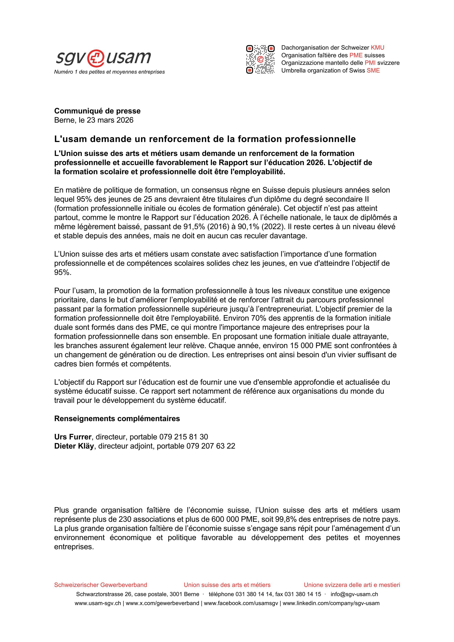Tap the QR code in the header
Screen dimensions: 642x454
point(260,59)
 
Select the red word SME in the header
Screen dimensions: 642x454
point(373,70)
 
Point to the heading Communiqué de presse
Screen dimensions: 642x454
point(97,111)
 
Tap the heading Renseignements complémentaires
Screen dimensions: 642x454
point(117,419)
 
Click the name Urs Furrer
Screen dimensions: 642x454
point(73,437)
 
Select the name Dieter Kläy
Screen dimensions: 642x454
point(74,446)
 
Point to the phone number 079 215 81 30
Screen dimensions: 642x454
point(184,437)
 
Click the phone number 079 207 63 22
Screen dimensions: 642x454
point(211,446)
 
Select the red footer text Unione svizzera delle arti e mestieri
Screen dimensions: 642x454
point(352,585)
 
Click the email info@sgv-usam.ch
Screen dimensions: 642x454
point(354,594)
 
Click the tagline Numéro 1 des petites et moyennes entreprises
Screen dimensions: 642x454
point(109,72)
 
